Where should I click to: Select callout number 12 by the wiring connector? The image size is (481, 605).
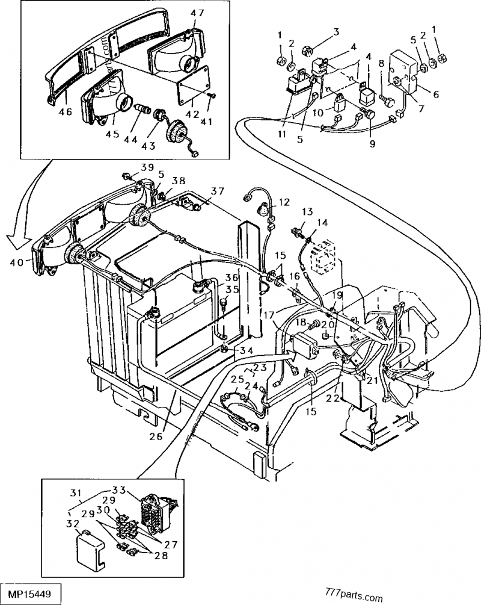[284, 202]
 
